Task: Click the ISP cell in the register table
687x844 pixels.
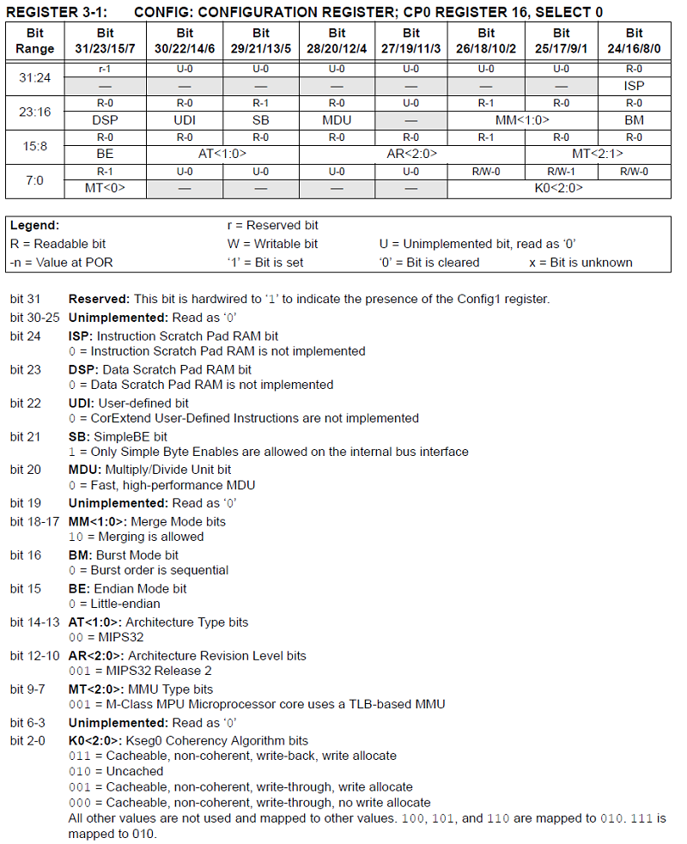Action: (634, 86)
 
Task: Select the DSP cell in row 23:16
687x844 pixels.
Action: (105, 120)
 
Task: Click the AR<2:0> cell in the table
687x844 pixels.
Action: (410, 154)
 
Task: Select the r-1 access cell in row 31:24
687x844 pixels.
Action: (105, 68)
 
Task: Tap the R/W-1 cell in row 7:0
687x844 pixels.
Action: (559, 172)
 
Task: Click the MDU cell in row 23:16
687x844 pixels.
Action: (337, 120)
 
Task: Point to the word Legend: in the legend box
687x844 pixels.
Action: (35, 225)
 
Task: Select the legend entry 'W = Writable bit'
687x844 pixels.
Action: (272, 244)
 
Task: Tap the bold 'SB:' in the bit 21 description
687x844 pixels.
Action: (79, 436)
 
